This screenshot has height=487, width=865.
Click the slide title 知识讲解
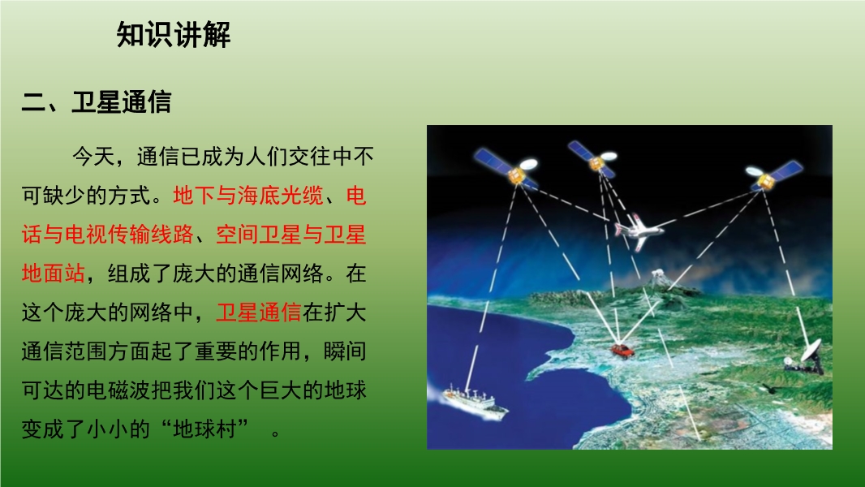click(x=173, y=35)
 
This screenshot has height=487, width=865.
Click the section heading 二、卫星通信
click(x=97, y=102)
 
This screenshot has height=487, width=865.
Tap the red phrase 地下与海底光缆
click(x=247, y=196)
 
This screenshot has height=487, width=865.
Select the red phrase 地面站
click(x=54, y=273)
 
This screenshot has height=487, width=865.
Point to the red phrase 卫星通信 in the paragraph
click(x=259, y=312)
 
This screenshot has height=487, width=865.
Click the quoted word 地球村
click(x=204, y=429)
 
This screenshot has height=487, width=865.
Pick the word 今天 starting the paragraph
click(x=93, y=157)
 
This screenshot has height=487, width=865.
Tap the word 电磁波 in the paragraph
click(x=118, y=390)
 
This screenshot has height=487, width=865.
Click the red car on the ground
click(x=622, y=351)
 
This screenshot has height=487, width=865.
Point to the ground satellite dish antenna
click(x=805, y=357)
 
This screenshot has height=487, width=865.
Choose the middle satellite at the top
click(x=592, y=159)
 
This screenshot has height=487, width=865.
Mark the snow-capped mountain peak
click(x=658, y=278)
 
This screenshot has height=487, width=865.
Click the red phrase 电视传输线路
click(x=129, y=235)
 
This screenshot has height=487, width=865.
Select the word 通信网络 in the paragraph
click(x=280, y=273)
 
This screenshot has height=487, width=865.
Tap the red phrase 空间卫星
click(x=259, y=235)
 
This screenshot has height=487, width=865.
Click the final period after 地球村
click(x=276, y=433)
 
